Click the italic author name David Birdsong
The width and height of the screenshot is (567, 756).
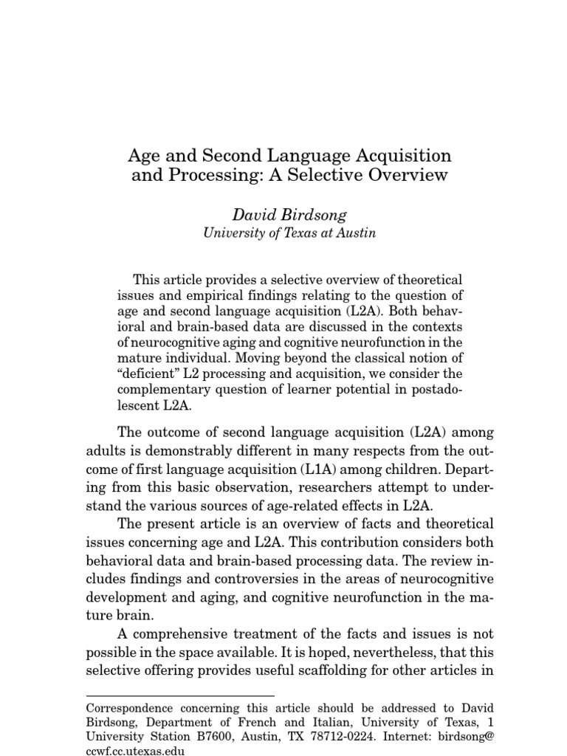pyautogui.click(x=289, y=214)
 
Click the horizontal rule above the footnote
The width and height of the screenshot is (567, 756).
pyautogui.click(x=180, y=695)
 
